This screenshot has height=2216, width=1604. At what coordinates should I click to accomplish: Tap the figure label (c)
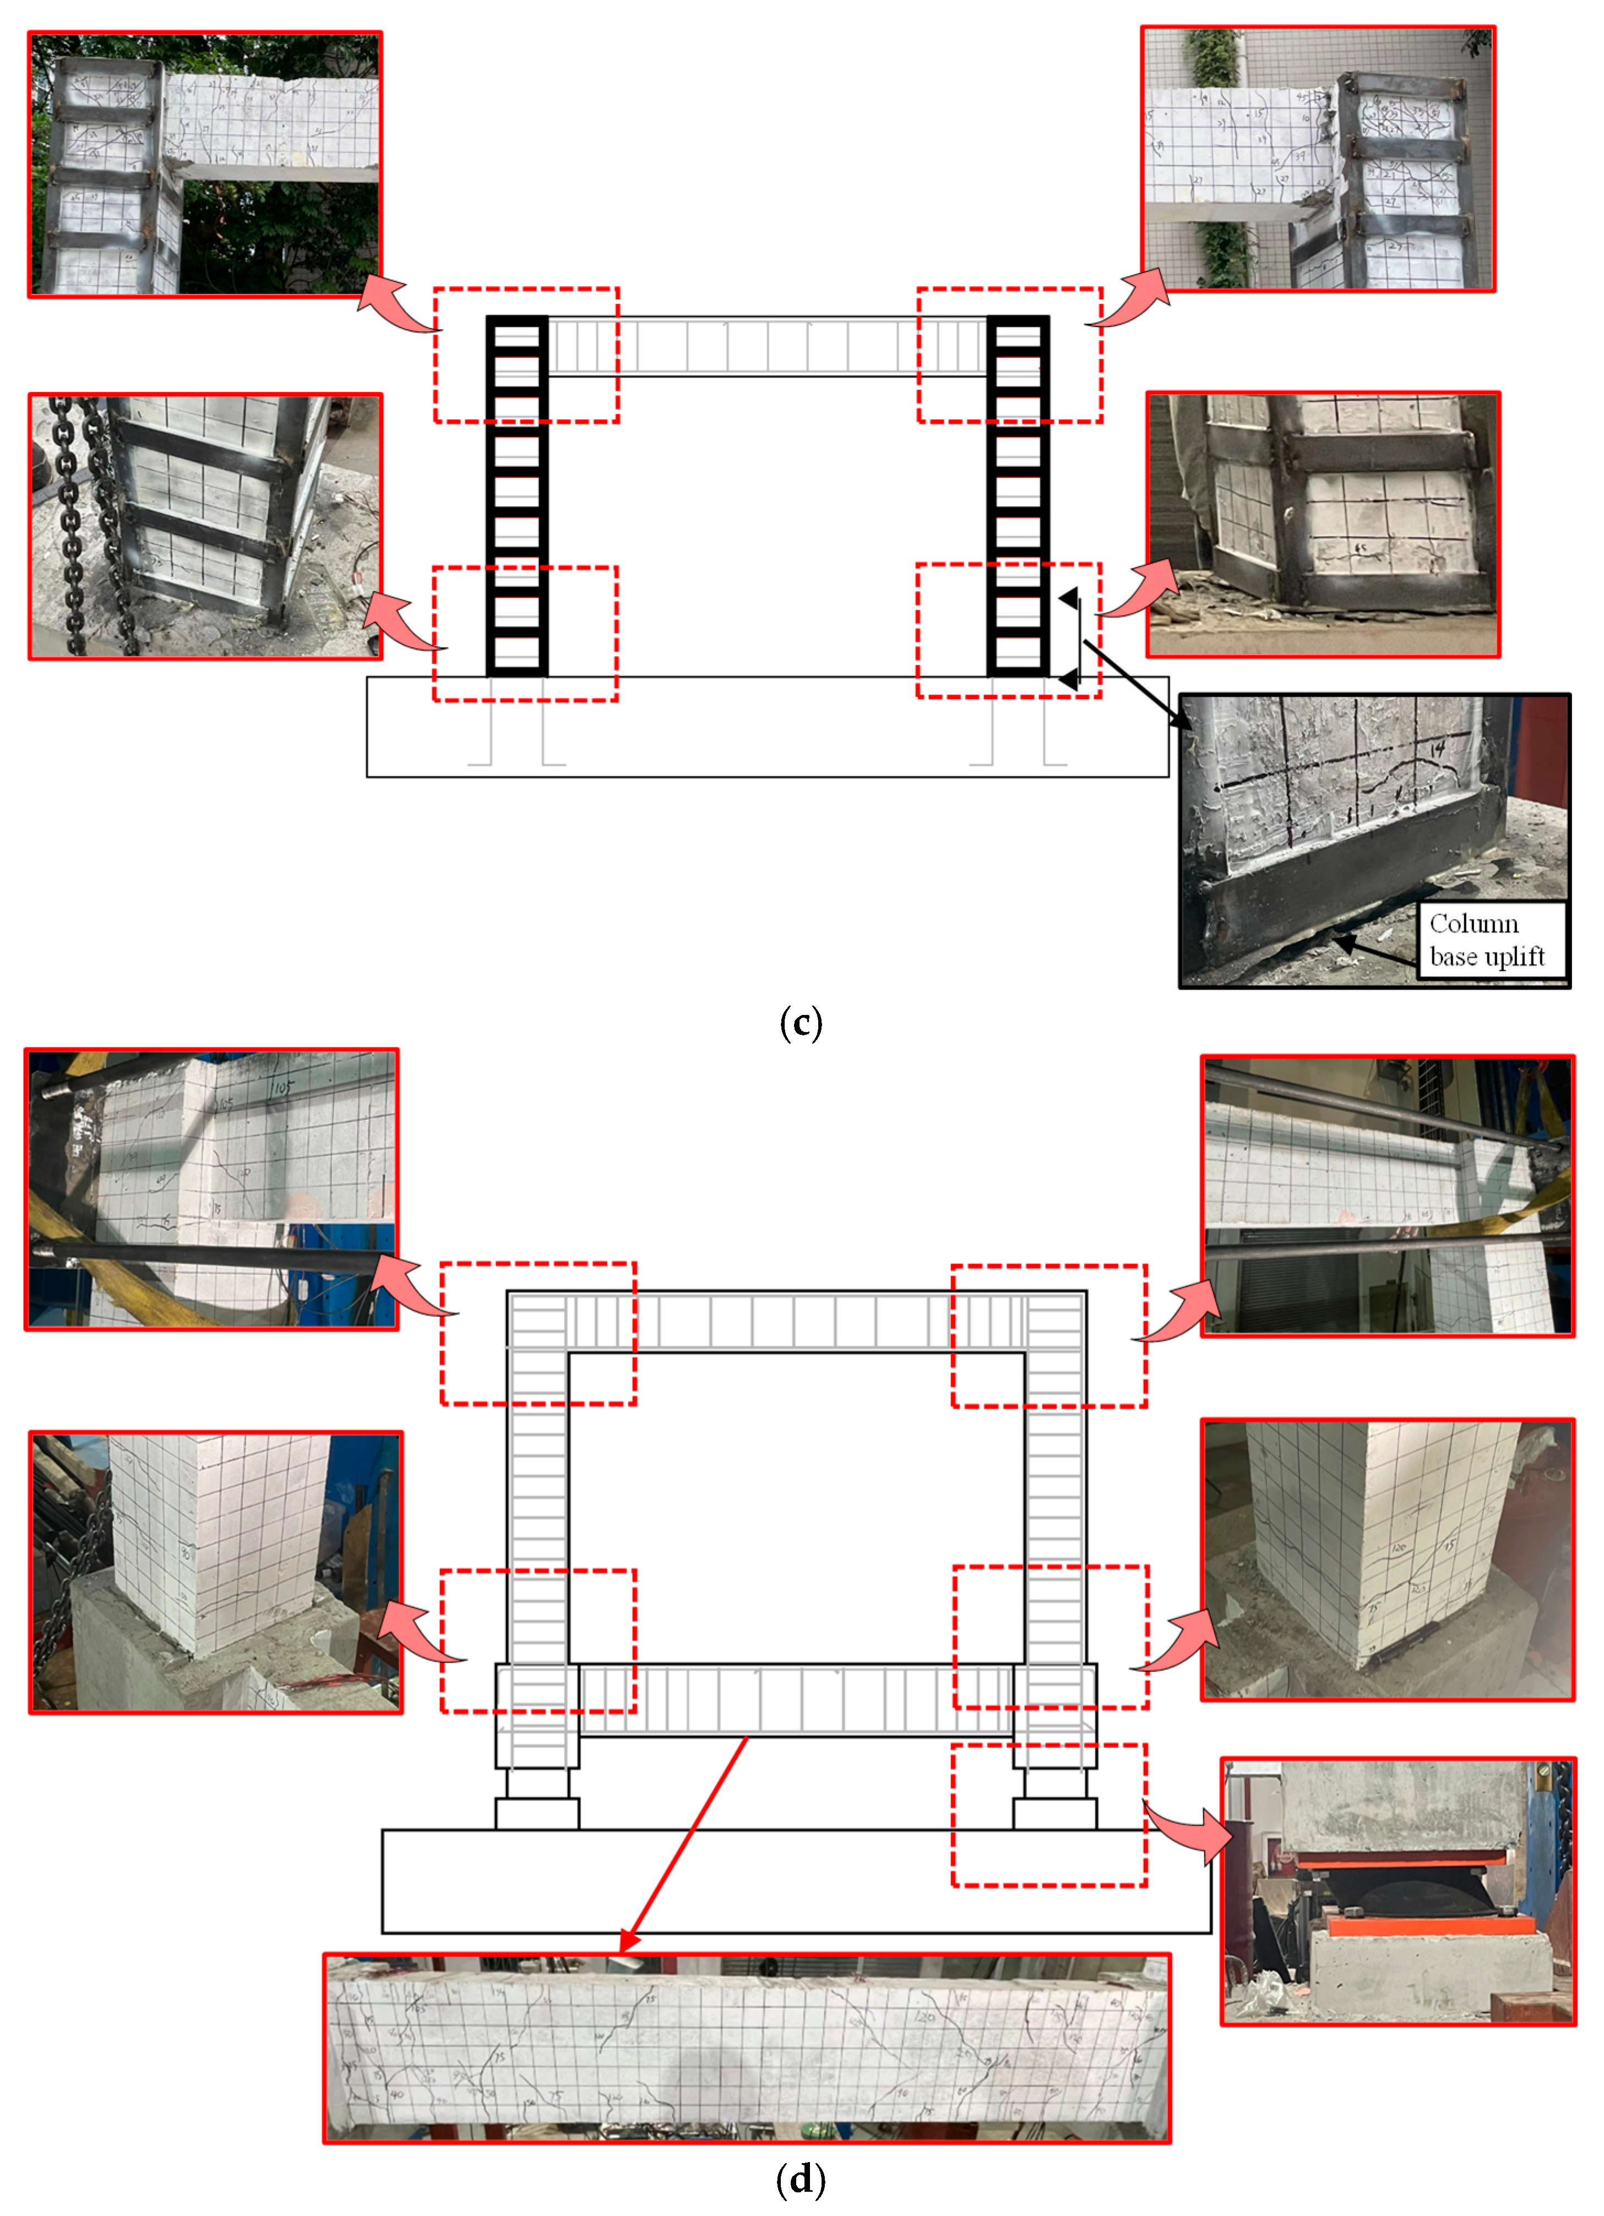[801, 1023]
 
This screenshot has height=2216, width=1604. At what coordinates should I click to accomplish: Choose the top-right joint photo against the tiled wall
[1318, 159]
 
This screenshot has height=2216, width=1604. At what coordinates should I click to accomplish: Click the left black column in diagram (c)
[517, 496]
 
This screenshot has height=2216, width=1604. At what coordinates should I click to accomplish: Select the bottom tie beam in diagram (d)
[797, 1700]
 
